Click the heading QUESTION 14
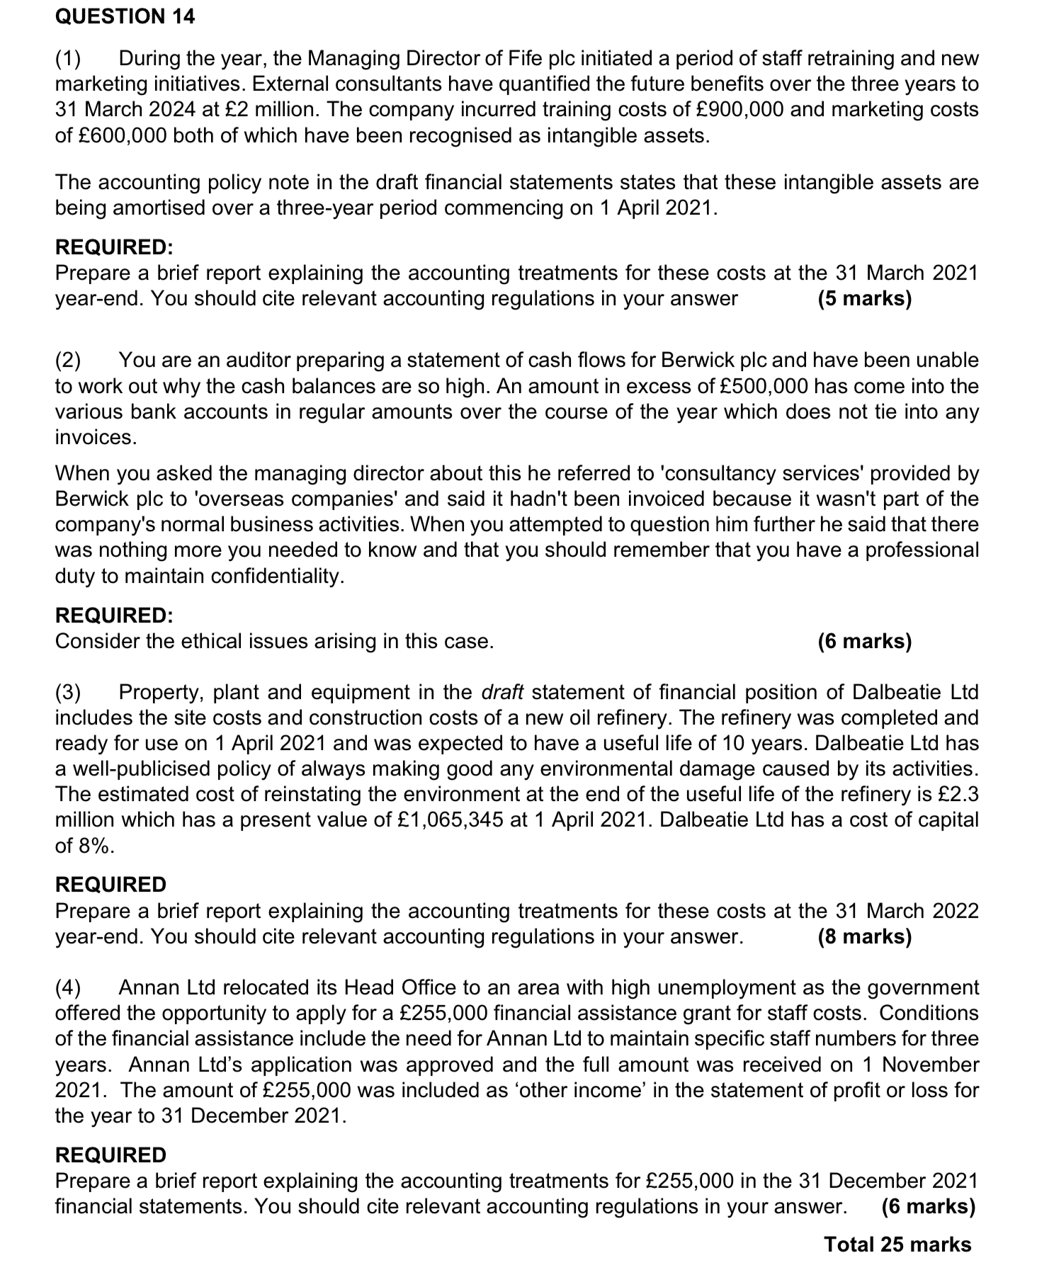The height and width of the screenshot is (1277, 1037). point(125,16)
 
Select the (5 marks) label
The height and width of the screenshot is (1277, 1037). point(864,298)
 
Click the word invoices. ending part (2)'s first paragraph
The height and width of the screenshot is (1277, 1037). point(96,437)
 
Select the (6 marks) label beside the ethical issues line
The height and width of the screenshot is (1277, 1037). point(864,641)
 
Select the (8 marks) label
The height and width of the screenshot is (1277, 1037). point(864,936)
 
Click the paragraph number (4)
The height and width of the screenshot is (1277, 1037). point(69,987)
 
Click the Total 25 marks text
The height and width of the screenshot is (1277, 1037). point(897,1244)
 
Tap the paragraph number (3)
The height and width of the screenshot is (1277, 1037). point(69,692)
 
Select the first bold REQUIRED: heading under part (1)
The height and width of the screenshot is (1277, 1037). point(114,247)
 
